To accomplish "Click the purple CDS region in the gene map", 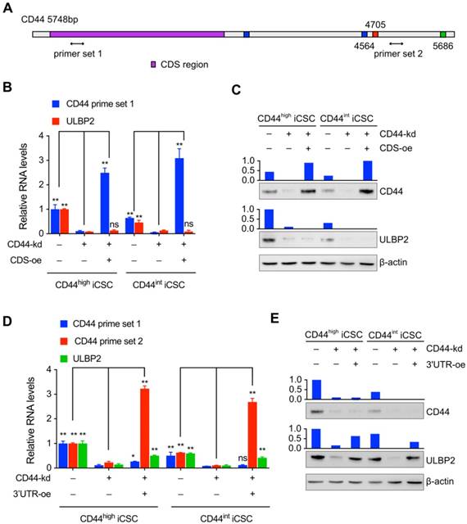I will pos(137,34).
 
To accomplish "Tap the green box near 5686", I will pos(442,34).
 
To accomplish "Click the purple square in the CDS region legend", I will pos(154,64).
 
